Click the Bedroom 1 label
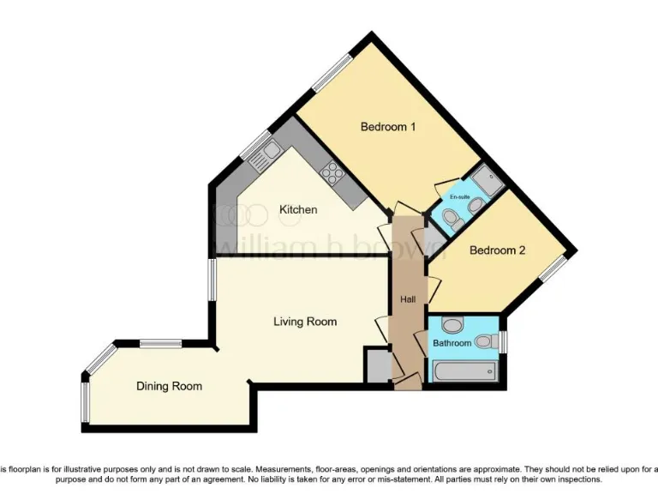(x=387, y=127)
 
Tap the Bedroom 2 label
(x=497, y=250)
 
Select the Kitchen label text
(x=298, y=209)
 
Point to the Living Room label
(x=305, y=322)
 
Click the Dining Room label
(x=169, y=386)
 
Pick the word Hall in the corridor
(x=408, y=299)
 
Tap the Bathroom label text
(x=452, y=343)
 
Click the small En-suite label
(x=459, y=197)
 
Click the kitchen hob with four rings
(x=331, y=174)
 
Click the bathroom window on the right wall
(x=504, y=341)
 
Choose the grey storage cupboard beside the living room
(x=375, y=364)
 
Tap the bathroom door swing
(x=420, y=343)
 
